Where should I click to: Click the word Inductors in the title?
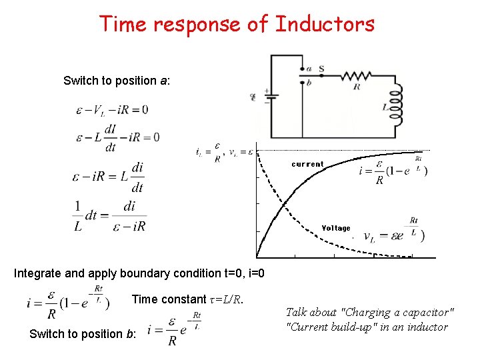[325, 24]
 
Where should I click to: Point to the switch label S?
[321, 68]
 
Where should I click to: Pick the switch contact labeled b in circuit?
[307, 82]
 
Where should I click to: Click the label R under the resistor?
[357, 87]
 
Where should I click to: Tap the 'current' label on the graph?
[307, 164]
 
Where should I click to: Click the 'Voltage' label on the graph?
[335, 228]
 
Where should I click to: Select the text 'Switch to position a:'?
[117, 81]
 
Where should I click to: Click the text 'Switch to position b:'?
[83, 333]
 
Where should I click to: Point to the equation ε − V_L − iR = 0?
[111, 109]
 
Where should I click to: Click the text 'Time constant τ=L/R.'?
[187, 299]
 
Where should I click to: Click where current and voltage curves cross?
[285, 203]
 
